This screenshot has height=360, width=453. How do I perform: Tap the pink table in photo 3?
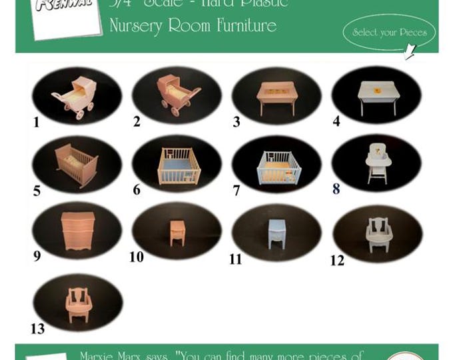(276, 97)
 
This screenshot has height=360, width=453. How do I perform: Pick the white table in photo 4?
(377, 96)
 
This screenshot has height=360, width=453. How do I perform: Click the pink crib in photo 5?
(76, 165)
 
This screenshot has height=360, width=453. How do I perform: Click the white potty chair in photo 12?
(378, 234)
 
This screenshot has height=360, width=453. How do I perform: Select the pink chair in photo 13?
(78, 304)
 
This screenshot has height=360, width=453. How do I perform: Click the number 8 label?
(336, 189)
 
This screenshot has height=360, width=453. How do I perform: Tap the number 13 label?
(37, 328)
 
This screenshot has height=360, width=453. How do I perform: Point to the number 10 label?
(137, 257)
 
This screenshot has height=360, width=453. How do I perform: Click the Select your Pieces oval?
(389, 32)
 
